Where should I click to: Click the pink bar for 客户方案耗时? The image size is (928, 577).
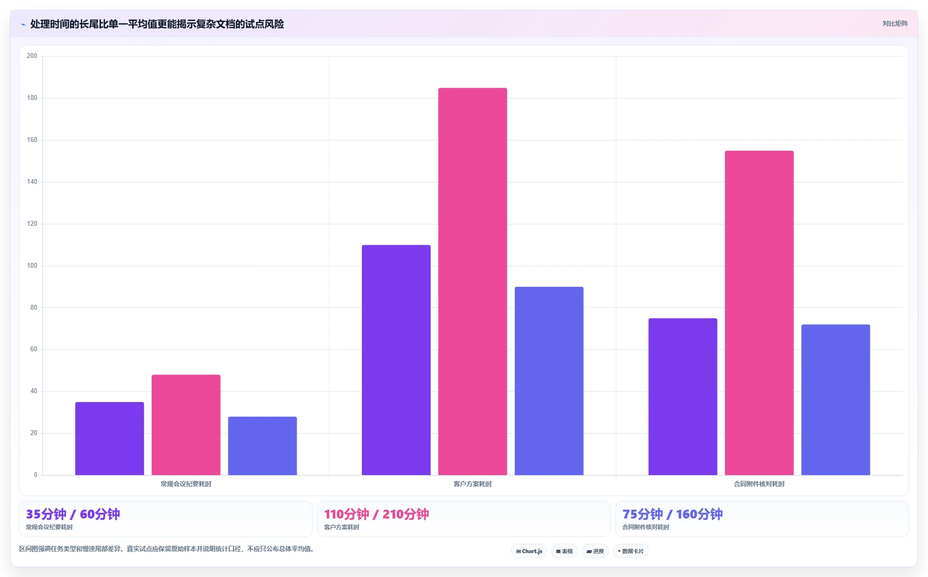(x=473, y=281)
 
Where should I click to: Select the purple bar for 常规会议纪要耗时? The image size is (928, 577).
(x=110, y=438)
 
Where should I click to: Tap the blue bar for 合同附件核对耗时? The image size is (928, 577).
(x=835, y=399)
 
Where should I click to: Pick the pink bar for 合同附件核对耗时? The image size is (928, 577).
(x=759, y=313)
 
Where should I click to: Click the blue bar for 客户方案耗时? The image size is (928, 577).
(x=549, y=381)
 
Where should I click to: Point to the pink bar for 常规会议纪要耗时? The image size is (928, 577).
(x=186, y=425)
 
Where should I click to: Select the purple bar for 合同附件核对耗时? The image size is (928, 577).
(x=683, y=397)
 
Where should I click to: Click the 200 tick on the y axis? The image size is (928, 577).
(x=32, y=56)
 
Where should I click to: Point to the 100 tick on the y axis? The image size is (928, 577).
(x=32, y=266)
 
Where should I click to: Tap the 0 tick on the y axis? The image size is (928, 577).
(x=35, y=475)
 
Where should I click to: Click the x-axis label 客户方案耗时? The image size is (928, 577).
(x=473, y=484)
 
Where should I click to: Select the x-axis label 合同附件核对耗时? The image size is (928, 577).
(x=759, y=484)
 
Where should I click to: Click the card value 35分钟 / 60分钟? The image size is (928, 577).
(x=73, y=515)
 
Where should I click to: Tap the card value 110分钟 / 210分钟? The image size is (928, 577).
(x=376, y=515)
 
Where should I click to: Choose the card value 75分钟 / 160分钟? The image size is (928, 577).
(x=672, y=515)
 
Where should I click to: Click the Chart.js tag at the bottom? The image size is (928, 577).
(x=529, y=551)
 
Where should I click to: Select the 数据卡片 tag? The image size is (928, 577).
(x=631, y=551)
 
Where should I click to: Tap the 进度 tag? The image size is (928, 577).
(x=595, y=551)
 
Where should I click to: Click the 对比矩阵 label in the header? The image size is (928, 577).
(x=895, y=24)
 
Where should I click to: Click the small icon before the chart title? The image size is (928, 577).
(x=23, y=24)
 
